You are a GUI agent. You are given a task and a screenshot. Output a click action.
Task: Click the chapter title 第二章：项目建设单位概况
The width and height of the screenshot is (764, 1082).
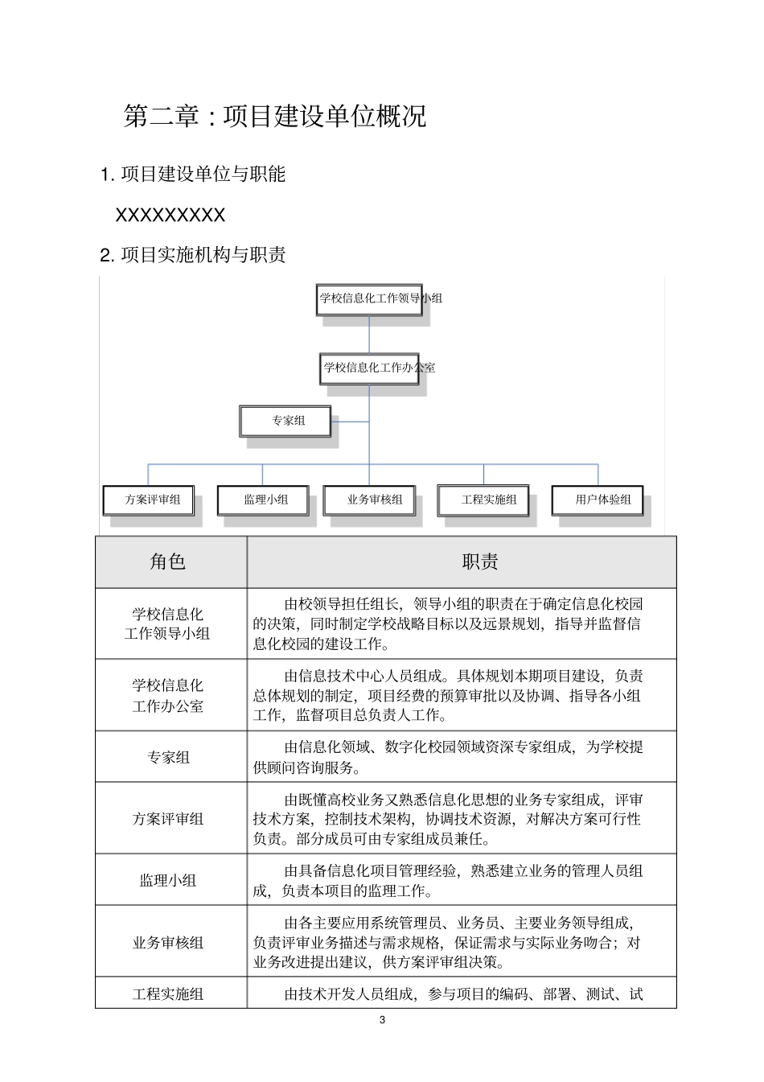point(274,117)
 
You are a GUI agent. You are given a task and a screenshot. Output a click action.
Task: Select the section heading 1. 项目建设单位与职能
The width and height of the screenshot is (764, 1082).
point(193,174)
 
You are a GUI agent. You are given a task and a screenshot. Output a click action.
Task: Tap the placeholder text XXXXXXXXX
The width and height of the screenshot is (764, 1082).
point(170,215)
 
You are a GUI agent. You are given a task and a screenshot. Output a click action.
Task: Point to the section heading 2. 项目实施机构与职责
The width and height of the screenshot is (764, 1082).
point(193,255)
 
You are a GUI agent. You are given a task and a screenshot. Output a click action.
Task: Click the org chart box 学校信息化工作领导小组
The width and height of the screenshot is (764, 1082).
point(369,298)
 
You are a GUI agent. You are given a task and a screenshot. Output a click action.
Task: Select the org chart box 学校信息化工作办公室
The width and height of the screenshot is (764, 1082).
point(369,368)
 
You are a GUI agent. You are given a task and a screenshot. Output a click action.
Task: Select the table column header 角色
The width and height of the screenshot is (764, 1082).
point(168,562)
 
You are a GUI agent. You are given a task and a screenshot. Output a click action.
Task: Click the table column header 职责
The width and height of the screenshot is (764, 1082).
point(480,562)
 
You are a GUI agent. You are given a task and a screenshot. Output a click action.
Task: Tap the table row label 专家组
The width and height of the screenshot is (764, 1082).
point(168,757)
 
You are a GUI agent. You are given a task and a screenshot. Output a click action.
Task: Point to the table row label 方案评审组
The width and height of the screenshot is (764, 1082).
point(168,819)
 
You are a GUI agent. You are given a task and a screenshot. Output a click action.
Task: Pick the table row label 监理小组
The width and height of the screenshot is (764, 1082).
point(168,880)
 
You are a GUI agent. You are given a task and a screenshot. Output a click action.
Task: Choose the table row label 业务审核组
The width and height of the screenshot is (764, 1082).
point(168,942)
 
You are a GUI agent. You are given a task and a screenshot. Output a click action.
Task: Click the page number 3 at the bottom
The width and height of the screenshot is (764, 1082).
point(382,1020)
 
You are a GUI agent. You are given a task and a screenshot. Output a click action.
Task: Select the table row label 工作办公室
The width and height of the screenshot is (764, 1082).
point(168,706)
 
